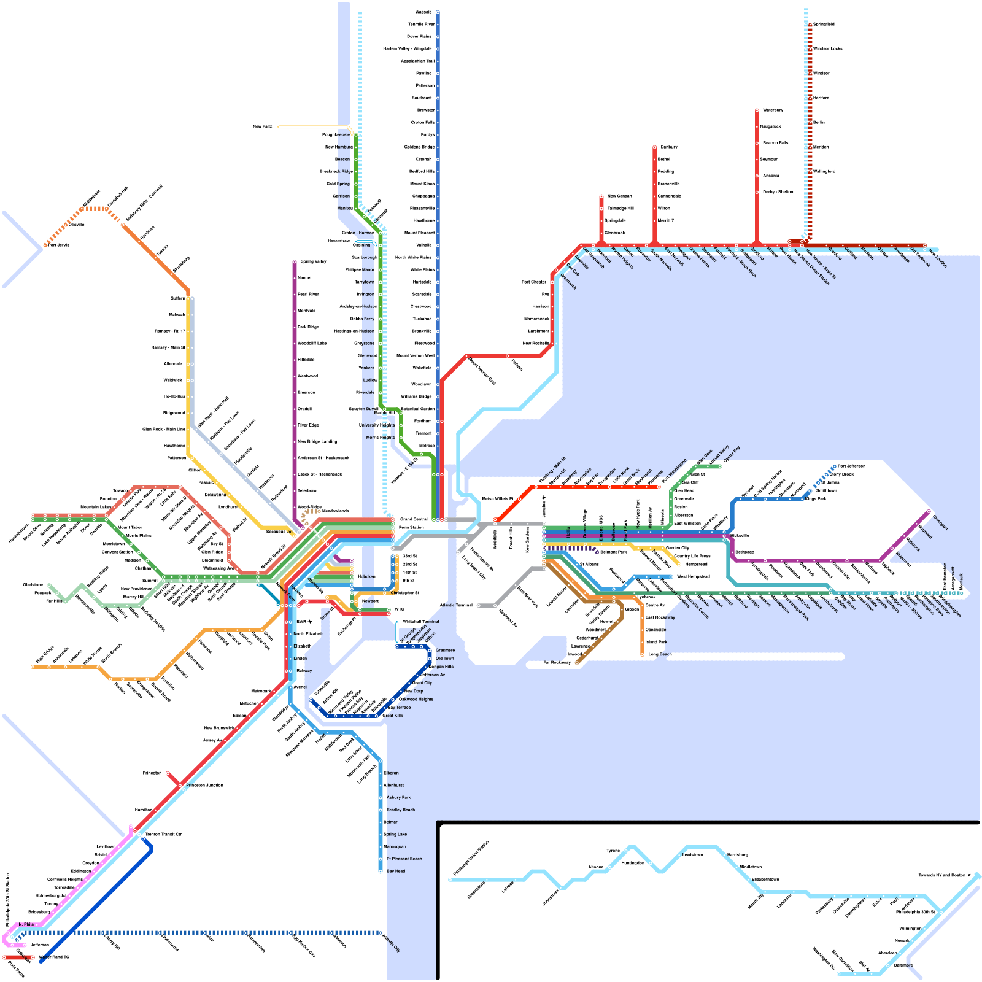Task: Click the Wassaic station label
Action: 423,12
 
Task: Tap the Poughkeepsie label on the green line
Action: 336,134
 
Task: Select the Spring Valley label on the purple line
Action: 313,261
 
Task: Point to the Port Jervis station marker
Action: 45,245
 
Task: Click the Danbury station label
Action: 669,147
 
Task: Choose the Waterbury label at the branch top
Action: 773,110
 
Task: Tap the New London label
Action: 939,257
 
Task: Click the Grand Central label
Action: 414,519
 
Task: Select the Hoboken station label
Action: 366,576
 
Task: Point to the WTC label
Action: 400,609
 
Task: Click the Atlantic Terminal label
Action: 456,605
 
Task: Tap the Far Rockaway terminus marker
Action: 576,663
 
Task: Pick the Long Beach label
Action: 660,654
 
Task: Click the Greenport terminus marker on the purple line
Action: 929,511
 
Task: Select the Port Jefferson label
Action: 851,466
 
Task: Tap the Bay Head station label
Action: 396,871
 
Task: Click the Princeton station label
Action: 152,773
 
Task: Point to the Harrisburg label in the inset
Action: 738,854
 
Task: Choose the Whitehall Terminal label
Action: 421,621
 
